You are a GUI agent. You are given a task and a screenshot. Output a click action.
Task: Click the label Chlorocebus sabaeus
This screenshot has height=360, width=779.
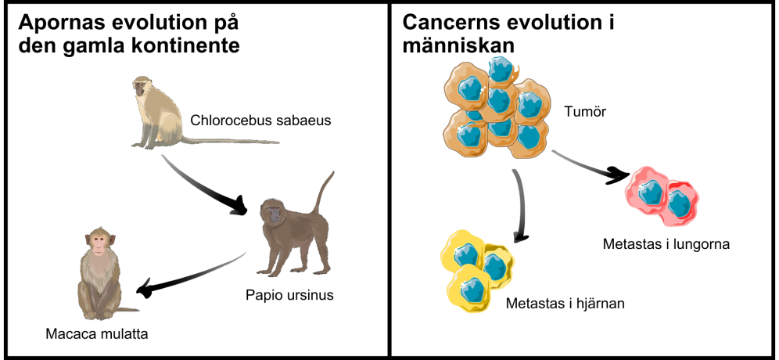tap(260, 121)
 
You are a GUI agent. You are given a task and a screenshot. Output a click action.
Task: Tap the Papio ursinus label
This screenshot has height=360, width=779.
tap(289, 295)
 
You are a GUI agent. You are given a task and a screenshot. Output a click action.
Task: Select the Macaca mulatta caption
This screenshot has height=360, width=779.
tap(97, 333)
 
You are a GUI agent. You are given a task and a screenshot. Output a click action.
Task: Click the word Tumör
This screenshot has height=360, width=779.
tap(585, 112)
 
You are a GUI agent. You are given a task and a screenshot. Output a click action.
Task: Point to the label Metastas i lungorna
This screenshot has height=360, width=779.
tap(666, 245)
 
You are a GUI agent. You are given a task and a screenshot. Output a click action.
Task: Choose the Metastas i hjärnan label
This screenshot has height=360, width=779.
tap(565, 304)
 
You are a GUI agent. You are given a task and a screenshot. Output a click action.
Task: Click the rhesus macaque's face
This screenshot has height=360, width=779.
tap(99, 243)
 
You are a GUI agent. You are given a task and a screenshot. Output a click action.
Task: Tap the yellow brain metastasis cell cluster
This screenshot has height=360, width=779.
tap(476, 269)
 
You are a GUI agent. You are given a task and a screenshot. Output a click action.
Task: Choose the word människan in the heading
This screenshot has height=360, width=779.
tap(458, 45)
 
